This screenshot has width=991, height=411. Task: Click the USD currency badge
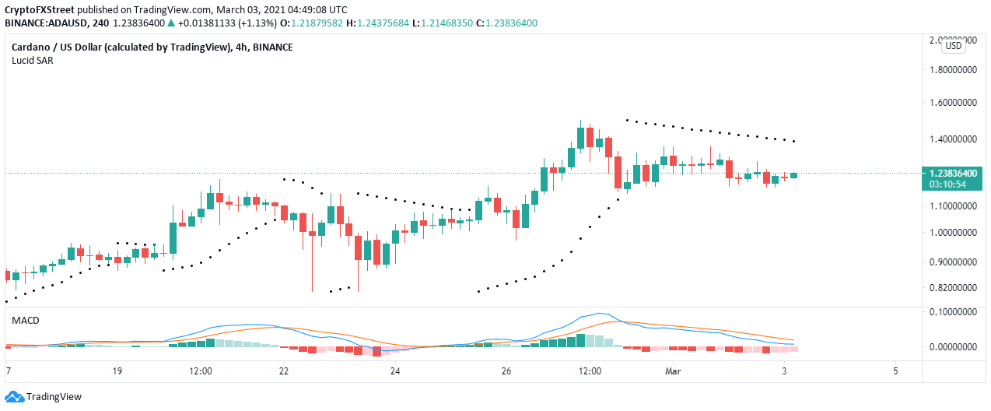(x=953, y=46)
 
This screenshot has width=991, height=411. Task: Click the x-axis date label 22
(x=285, y=371)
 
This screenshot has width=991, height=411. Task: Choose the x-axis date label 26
(x=506, y=371)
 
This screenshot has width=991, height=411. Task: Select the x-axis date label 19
(x=117, y=371)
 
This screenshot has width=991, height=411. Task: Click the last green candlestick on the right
(x=793, y=175)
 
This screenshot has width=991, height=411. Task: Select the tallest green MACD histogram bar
(x=580, y=340)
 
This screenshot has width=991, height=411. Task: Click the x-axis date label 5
(x=896, y=371)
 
